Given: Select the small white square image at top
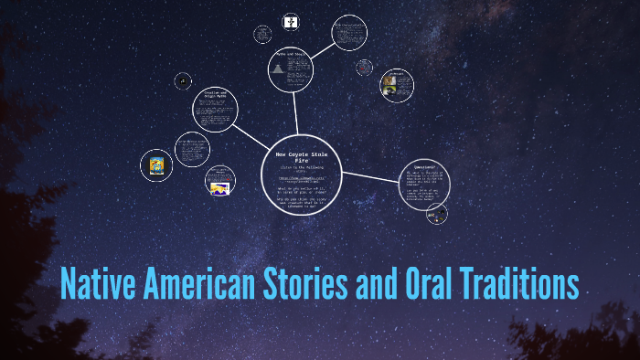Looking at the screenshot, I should pyautogui.click(x=290, y=21).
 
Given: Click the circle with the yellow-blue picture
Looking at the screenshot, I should pyautogui.click(x=155, y=165).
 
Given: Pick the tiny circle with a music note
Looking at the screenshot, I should pyautogui.click(x=183, y=80).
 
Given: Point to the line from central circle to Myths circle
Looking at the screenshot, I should pyautogui.click(x=295, y=113).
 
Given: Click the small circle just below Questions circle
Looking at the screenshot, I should pyautogui.click(x=437, y=215).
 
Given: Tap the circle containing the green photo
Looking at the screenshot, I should pyautogui.click(x=396, y=85).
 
